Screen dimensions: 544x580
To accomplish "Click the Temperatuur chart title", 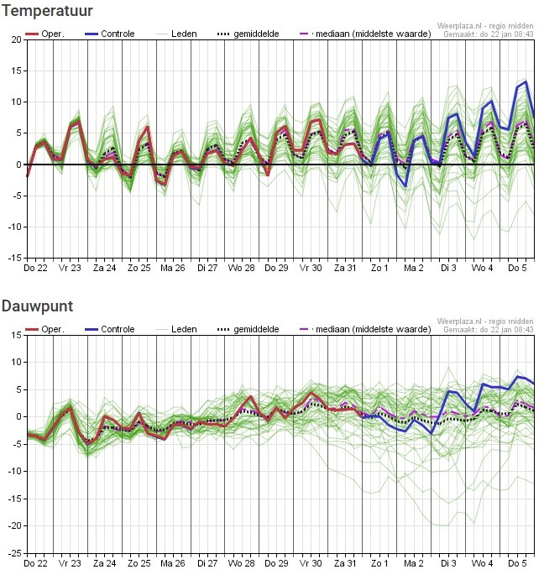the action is pyautogui.click(x=47, y=11).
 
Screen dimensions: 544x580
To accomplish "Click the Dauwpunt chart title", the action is pyautogui.click(x=38, y=306).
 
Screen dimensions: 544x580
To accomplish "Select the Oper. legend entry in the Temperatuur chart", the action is pyautogui.click(x=44, y=34).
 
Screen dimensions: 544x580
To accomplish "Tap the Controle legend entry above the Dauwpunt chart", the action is pyautogui.click(x=109, y=329).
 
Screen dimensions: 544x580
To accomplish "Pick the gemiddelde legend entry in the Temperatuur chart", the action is pyautogui.click(x=248, y=34).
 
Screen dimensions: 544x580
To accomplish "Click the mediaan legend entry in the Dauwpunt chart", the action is pyautogui.click(x=365, y=329).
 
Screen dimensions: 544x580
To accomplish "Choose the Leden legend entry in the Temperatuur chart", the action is pyautogui.click(x=176, y=34).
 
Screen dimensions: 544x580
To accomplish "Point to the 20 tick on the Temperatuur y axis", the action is pyautogui.click(x=17, y=39).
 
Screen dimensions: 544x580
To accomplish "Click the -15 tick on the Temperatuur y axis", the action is pyautogui.click(x=15, y=258).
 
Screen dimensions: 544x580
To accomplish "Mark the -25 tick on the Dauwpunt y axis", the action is pyautogui.click(x=15, y=553).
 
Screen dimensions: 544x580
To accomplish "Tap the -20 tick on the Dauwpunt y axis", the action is pyautogui.click(x=15, y=526).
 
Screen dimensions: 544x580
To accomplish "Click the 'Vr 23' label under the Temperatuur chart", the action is pyautogui.click(x=70, y=268).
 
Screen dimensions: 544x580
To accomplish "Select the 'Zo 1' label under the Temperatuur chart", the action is pyautogui.click(x=379, y=268).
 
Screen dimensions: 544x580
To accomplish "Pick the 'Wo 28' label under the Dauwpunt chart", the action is pyautogui.click(x=241, y=563).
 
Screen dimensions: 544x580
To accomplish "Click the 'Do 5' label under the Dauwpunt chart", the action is pyautogui.click(x=517, y=563).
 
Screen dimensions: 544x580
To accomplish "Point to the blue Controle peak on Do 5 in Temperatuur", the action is pyautogui.click(x=526, y=81).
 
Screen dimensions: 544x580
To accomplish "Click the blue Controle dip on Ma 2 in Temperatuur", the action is pyautogui.click(x=405, y=185).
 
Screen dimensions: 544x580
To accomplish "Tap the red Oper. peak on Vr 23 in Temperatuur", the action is pyautogui.click(x=78, y=121).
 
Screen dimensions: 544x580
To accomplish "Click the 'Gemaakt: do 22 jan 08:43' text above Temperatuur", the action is pyautogui.click(x=488, y=34).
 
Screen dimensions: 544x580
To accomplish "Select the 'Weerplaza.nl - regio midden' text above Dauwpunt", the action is pyautogui.click(x=485, y=321).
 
